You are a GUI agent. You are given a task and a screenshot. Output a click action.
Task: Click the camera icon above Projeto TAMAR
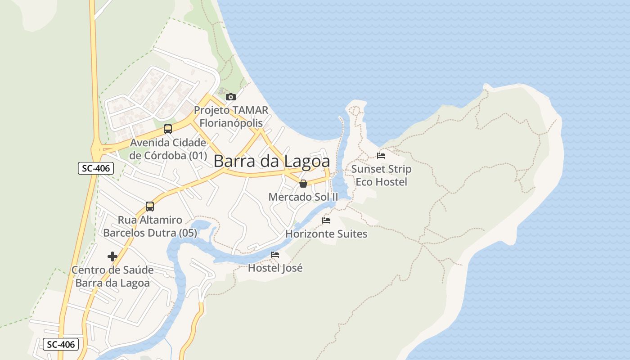point(230,97)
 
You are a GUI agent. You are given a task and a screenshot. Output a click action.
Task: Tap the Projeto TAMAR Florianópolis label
point(231,116)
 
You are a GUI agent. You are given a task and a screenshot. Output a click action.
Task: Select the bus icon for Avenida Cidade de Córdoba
point(168,129)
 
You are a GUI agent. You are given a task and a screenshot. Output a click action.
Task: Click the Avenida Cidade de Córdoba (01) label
point(168,149)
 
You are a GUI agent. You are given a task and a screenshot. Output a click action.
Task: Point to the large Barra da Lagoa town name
point(271,161)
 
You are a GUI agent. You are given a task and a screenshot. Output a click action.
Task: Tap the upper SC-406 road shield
point(95,169)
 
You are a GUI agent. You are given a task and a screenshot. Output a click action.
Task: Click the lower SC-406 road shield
point(61,345)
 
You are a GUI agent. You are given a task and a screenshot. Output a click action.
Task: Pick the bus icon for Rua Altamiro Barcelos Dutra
point(150,207)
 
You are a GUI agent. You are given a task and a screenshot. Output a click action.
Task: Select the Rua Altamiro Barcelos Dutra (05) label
point(150,226)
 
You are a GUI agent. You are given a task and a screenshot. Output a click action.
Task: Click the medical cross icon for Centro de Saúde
point(112,256)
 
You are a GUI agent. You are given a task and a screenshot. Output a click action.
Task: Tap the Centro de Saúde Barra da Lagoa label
point(112,277)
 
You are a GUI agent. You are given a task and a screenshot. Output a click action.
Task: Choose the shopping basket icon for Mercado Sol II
point(303,184)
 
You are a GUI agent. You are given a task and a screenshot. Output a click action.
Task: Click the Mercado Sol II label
point(303,197)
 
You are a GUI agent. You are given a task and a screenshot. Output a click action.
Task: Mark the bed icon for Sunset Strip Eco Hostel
point(381,156)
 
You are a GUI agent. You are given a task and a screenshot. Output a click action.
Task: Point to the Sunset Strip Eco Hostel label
point(381,175)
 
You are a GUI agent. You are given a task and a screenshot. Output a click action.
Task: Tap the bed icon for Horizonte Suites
point(326,220)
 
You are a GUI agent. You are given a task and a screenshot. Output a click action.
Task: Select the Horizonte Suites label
point(326,234)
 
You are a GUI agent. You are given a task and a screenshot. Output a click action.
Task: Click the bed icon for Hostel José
point(275,255)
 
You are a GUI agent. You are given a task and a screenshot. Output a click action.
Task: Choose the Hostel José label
point(275,268)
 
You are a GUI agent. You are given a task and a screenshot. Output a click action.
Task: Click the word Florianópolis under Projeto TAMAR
point(231,123)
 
